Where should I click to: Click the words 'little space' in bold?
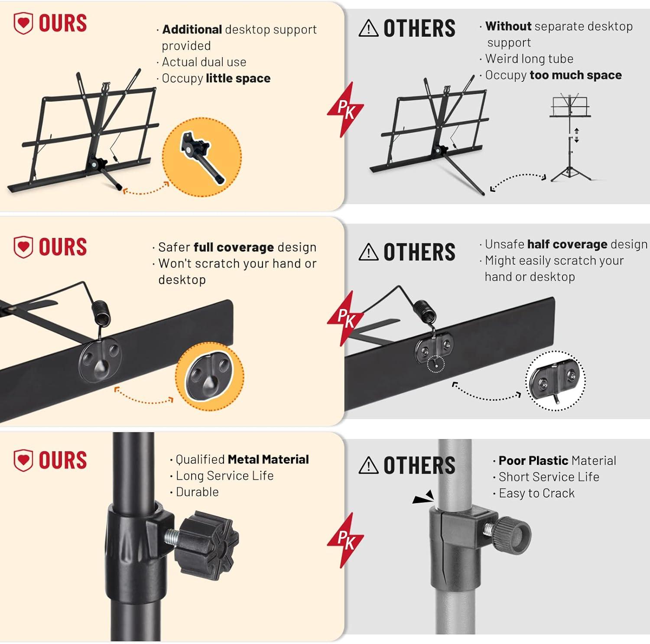pyautogui.click(x=238, y=78)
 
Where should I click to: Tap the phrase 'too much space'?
pyautogui.click(x=575, y=75)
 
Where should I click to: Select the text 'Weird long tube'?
pyautogui.click(x=529, y=59)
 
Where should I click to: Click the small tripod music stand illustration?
pyautogui.click(x=571, y=137)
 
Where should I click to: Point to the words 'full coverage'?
pyautogui.click(x=234, y=247)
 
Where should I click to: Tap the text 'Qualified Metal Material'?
pyautogui.click(x=242, y=459)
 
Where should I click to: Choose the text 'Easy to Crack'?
pyautogui.click(x=536, y=493)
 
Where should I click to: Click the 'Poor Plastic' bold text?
pyautogui.click(x=533, y=461)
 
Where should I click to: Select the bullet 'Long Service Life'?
pyautogui.click(x=224, y=476)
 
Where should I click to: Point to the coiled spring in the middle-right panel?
pyautogui.click(x=425, y=312)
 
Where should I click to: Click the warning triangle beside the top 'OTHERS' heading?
pyautogui.click(x=368, y=28)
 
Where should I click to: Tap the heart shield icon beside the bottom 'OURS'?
pyautogui.click(x=23, y=460)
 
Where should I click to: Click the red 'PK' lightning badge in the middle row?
pyautogui.click(x=345, y=319)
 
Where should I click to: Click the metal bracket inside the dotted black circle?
pyautogui.click(x=555, y=380)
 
